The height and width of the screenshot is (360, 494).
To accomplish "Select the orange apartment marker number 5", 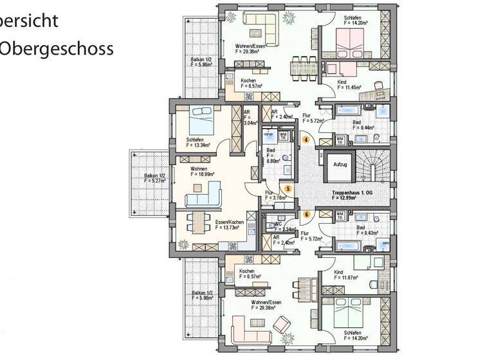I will pos(289,188).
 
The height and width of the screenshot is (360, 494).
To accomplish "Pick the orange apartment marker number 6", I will pos(307,214).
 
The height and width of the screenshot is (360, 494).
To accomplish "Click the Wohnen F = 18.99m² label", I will pos(202,171).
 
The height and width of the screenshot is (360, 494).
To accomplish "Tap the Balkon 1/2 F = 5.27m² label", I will pos(154,178).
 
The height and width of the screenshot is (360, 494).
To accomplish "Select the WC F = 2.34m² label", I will pos(284,228).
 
